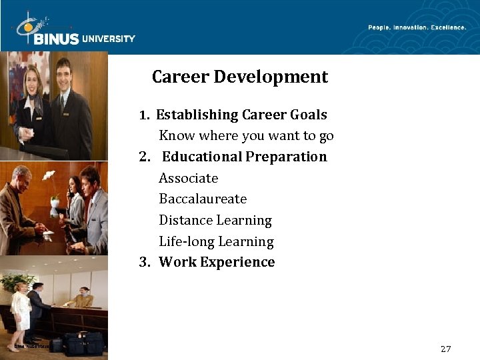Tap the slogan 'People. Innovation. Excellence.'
417,27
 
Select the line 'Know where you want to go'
246,136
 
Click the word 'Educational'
202,157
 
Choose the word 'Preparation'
286,157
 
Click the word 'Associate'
188,178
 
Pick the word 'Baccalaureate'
203,199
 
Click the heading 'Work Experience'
217,262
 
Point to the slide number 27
446,349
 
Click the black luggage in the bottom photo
84,343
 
